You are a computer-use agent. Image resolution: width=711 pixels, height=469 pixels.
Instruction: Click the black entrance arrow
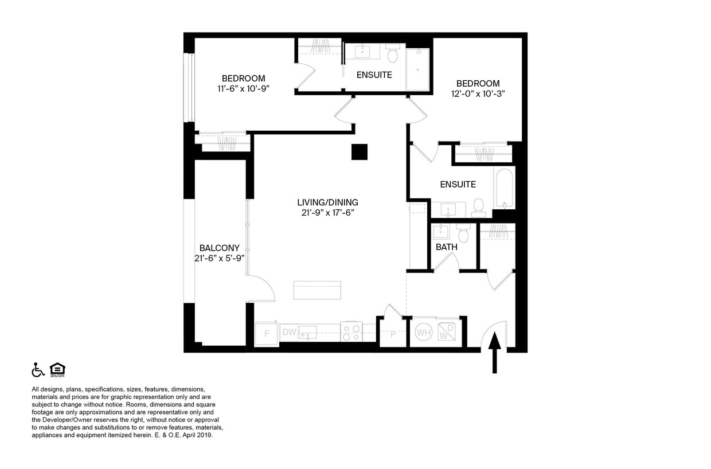coord(495,351)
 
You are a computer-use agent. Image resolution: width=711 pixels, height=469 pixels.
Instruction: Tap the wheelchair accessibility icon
coord(38,370)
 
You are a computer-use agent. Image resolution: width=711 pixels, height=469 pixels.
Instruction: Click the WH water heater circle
coord(424,332)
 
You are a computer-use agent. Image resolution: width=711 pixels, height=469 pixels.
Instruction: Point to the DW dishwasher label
coord(289,332)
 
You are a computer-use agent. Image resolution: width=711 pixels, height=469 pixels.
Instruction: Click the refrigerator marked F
coord(266,333)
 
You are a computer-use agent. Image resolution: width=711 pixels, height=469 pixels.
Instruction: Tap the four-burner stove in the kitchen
coord(351,332)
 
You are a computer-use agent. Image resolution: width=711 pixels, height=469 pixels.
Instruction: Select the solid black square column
coord(360,151)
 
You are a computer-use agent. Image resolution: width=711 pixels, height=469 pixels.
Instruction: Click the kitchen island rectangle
coord(317,290)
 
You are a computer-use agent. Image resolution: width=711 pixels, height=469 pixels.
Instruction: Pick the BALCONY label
coord(220,248)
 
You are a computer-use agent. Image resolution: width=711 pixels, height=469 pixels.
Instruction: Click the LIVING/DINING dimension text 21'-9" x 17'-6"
coord(327,213)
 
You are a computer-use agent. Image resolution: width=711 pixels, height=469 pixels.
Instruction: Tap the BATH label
coord(446,247)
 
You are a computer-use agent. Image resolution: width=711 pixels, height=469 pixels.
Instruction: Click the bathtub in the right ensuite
coord(504,189)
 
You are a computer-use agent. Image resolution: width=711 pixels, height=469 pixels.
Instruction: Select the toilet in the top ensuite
coord(393,54)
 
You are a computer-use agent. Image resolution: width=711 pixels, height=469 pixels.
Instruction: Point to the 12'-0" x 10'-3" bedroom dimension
coord(478,93)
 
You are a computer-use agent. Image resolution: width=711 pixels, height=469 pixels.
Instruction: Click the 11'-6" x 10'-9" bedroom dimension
coord(243,89)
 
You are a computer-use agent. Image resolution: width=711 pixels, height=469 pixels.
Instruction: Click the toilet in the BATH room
coord(464,234)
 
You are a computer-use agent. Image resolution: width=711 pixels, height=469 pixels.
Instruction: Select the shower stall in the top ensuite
coord(417,69)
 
